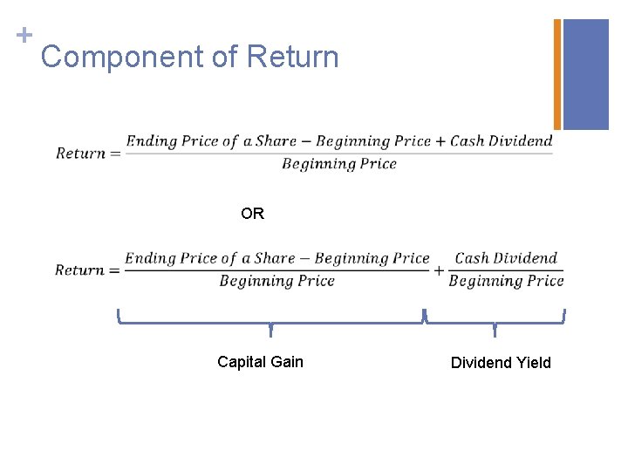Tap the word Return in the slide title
[292, 58]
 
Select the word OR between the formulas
[252, 214]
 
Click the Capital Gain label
[260, 362]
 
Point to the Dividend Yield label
[501, 363]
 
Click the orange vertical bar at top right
[557, 74]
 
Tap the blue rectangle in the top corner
[586, 74]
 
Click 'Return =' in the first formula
[87, 154]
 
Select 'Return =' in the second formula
[86, 270]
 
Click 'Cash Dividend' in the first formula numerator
[501, 141]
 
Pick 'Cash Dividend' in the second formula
[506, 258]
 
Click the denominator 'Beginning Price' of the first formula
[339, 165]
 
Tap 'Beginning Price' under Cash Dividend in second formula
[506, 281]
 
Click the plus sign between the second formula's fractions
[439, 270]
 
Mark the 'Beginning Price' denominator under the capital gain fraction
[276, 281]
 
